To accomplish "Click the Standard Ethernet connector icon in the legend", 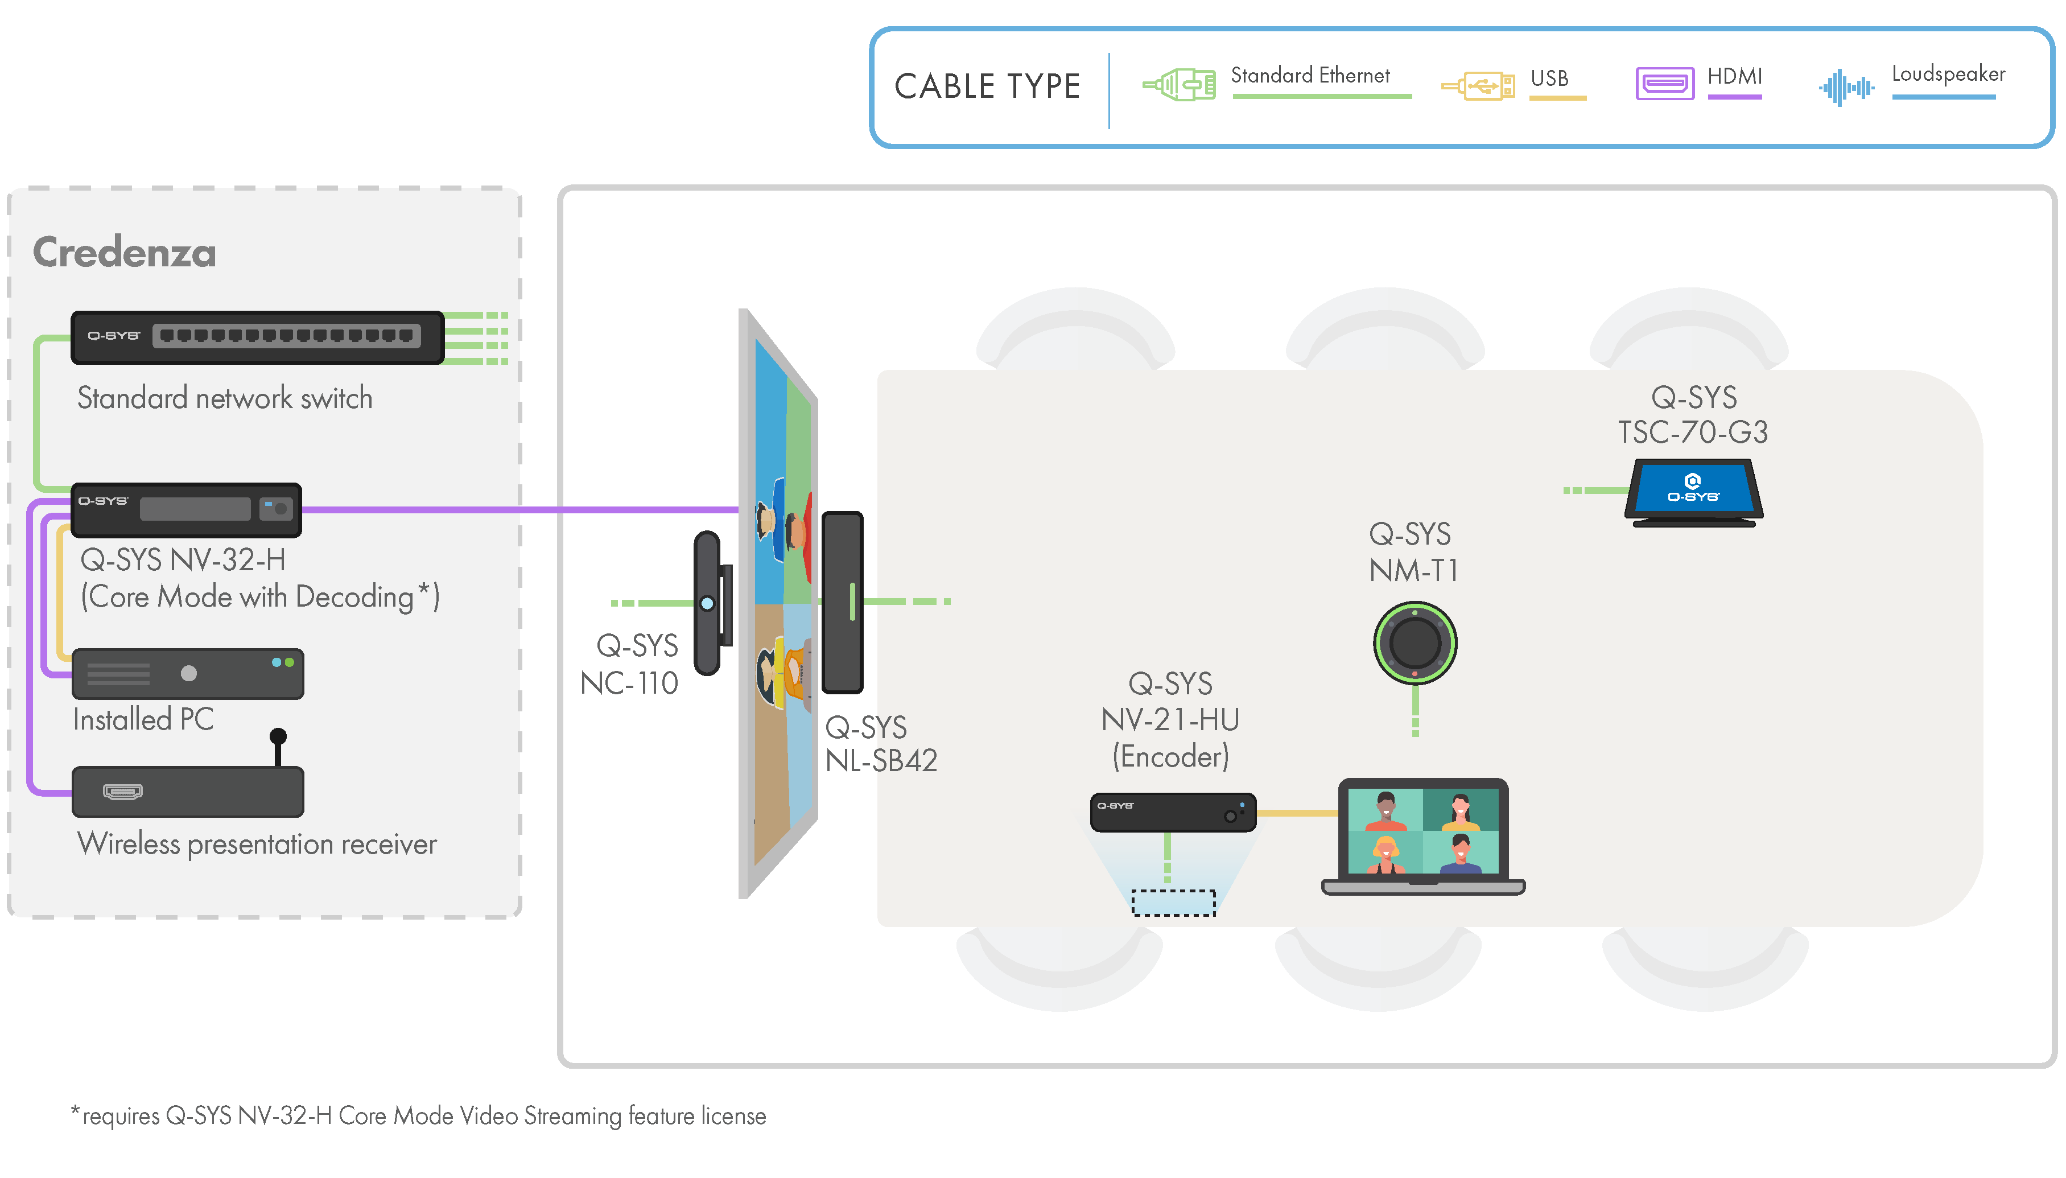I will [x=1180, y=84].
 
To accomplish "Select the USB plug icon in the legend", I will [x=1479, y=85].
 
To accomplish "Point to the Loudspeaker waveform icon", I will [x=1845, y=87].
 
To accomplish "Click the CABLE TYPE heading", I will [x=987, y=87].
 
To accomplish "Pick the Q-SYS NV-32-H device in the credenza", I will [x=186, y=510].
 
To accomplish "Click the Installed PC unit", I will [x=188, y=674].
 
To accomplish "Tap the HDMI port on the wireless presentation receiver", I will [x=123, y=790].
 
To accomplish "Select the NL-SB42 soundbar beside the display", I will [x=842, y=602].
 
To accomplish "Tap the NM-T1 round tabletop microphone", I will [x=1415, y=642].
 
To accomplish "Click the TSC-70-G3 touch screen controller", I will [x=1693, y=492].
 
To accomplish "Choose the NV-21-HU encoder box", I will [x=1172, y=812].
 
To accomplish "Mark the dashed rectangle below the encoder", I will [x=1173, y=902].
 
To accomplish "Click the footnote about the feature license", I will [x=418, y=1116].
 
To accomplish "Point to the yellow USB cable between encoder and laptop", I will [x=1297, y=812].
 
